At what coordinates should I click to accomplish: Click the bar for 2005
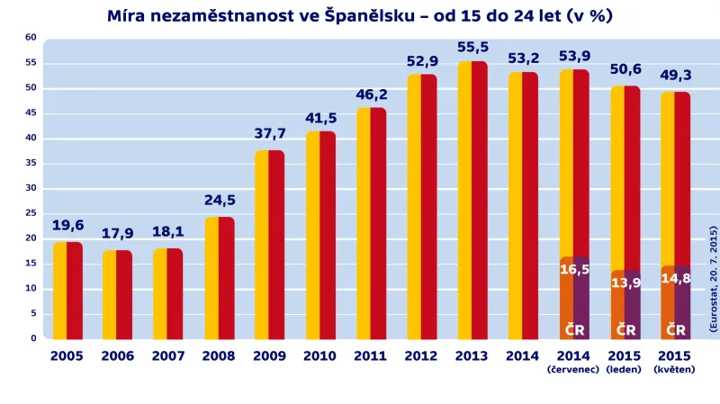coord(67,290)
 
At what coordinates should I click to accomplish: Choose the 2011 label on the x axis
coord(371,356)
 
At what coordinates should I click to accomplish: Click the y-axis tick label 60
coord(31,38)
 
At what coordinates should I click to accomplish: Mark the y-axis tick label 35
coord(31,163)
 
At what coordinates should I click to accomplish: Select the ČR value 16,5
coord(574,269)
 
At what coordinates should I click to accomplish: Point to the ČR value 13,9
coord(625,283)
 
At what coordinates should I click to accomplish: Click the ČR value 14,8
coord(676,278)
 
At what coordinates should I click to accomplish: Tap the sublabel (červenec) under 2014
coord(574,369)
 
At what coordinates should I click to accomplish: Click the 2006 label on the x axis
coord(118,356)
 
